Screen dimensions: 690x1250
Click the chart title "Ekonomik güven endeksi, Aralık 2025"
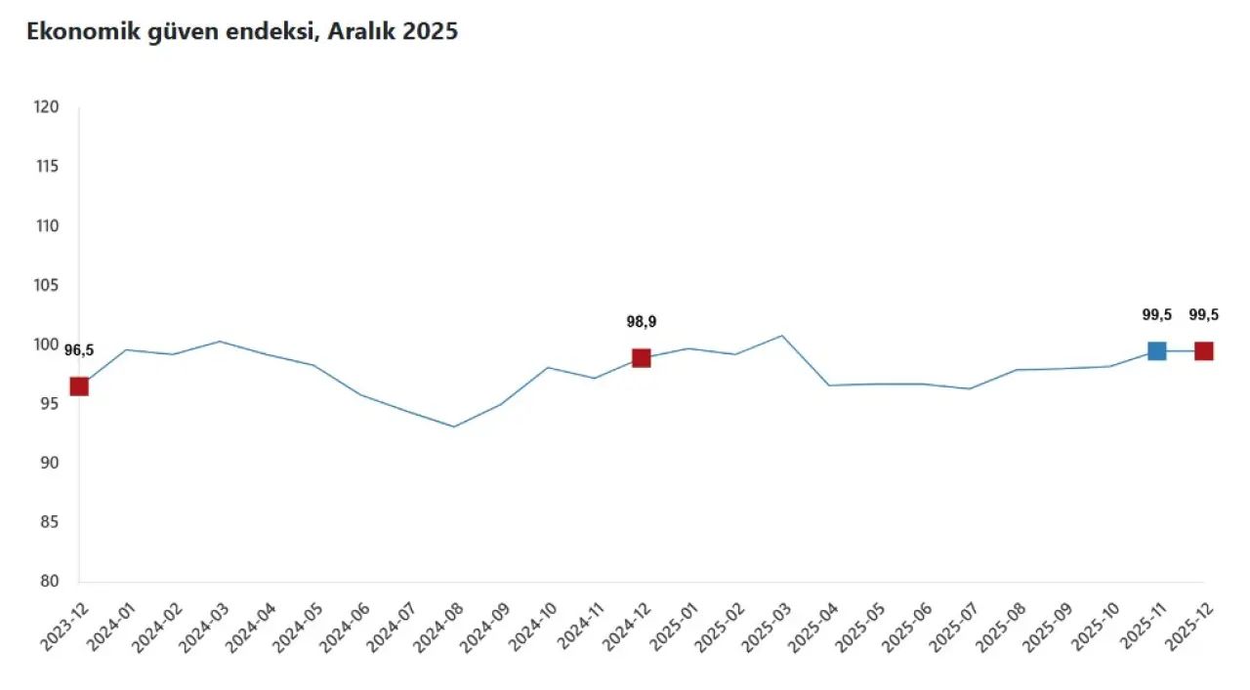point(242,32)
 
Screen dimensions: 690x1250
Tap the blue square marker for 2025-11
point(1156,351)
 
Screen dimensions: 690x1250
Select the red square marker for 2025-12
point(1204,351)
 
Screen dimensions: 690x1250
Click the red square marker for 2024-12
point(642,358)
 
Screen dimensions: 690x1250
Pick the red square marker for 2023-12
point(79,386)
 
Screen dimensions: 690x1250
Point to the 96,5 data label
point(79,350)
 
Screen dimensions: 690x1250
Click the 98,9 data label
point(642,322)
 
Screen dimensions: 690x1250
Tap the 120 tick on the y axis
point(47,107)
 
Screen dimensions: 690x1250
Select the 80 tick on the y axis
point(51,582)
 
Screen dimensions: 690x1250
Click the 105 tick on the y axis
point(47,285)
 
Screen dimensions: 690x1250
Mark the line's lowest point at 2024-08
point(454,426)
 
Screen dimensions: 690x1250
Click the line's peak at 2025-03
point(782,336)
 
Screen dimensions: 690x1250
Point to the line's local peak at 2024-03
point(220,342)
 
